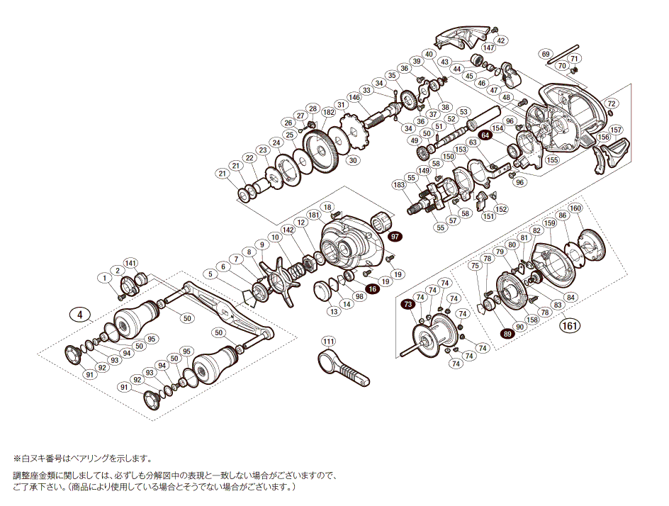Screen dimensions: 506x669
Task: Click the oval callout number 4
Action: (x=81, y=315)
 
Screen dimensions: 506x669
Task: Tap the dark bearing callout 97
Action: (x=395, y=237)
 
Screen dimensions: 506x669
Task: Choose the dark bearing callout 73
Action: (x=407, y=304)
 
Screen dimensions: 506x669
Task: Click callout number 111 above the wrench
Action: (x=328, y=342)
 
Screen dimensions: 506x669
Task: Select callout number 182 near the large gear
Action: (x=328, y=113)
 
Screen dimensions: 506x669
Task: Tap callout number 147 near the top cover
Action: (x=489, y=47)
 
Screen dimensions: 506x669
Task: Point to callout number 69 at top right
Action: (x=545, y=54)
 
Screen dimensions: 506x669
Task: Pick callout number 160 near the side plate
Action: (x=575, y=208)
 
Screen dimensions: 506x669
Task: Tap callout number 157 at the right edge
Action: (x=615, y=130)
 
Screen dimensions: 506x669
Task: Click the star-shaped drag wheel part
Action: (x=275, y=283)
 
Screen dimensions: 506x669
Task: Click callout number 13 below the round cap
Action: (x=333, y=312)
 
